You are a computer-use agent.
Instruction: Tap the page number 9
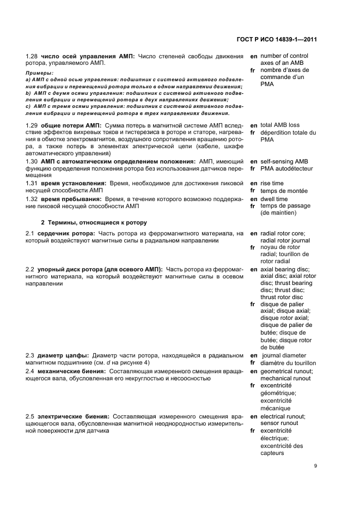(x=315, y=465)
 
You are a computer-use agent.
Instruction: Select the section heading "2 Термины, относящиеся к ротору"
(x=94, y=223)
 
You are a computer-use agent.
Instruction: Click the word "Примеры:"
(x=40, y=72)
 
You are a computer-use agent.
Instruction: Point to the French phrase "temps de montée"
(x=284, y=191)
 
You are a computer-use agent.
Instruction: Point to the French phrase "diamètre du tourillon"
(x=288, y=362)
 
